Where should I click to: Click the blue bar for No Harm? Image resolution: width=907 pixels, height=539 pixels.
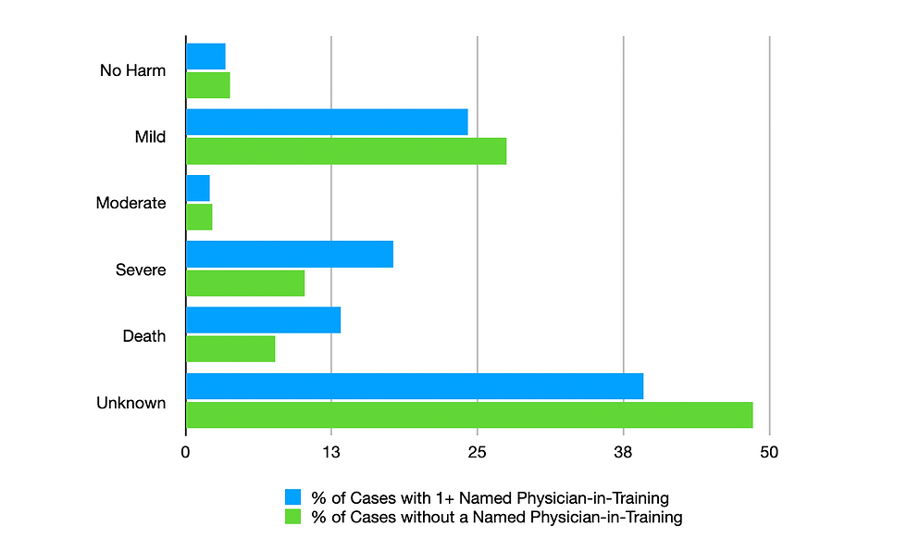pos(205,56)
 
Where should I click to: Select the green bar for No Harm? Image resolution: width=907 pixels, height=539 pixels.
pos(208,85)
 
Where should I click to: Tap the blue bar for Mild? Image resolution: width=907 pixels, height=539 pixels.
pos(327,122)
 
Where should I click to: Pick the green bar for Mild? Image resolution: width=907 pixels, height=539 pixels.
pos(346,151)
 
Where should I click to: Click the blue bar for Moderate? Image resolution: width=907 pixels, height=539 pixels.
pos(198,188)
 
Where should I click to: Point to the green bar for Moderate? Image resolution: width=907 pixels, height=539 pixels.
pos(199,217)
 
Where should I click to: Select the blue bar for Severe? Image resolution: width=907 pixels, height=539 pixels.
pos(290,254)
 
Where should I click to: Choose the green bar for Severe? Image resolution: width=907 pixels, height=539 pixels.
pos(245,282)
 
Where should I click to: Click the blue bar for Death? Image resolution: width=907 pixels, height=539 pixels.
pos(264,320)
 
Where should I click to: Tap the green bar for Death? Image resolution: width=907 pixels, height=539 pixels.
pos(230,348)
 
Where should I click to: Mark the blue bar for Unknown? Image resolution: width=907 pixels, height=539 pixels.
pos(415,386)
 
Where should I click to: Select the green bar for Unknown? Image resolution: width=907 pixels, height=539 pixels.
pos(469,415)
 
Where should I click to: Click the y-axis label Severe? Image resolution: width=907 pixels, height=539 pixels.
pos(141,269)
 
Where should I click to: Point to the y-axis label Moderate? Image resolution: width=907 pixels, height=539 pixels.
pos(131,203)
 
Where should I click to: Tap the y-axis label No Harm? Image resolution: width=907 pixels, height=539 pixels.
pos(133,70)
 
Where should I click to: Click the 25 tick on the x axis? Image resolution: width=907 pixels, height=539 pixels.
pos(478,452)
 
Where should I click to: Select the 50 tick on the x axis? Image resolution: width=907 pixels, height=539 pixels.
pos(769,452)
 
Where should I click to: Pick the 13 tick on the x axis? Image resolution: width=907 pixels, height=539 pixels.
pos(331,452)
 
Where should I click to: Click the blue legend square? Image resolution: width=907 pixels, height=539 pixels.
pos(293,497)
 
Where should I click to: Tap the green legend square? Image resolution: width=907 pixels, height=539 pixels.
pos(293,517)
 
